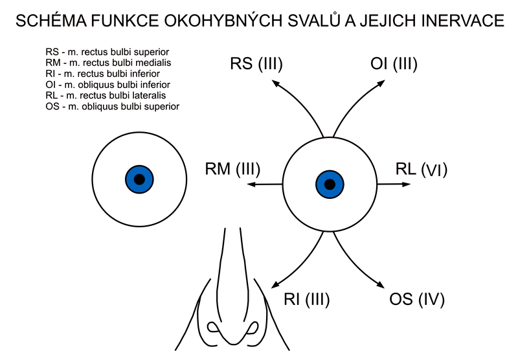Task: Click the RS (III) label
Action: tap(256, 64)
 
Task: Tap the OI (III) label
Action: tap(394, 64)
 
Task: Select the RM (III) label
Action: tap(232, 170)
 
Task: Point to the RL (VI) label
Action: tap(422, 170)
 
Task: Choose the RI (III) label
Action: tap(307, 300)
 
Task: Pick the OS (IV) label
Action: tap(418, 300)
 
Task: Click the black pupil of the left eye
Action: tap(140, 179)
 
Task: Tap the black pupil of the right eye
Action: tap(330, 184)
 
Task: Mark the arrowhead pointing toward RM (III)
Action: tap(251, 185)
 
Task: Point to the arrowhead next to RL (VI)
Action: tap(407, 184)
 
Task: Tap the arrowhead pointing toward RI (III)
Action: tap(275, 286)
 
